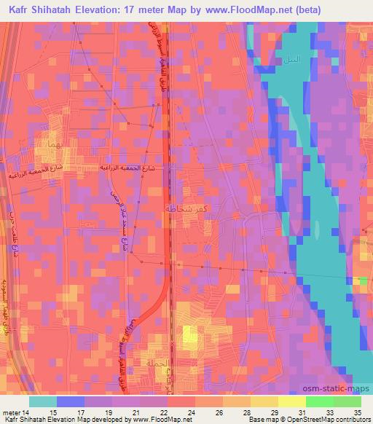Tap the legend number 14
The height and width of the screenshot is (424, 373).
(x=30, y=412)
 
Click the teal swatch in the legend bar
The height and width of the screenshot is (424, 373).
(x=43, y=401)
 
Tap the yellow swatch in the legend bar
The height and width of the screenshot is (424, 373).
(x=292, y=401)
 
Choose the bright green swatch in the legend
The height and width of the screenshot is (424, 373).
(x=320, y=401)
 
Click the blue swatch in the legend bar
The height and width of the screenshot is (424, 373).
(x=71, y=401)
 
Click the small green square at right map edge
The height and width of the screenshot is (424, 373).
(x=364, y=280)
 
